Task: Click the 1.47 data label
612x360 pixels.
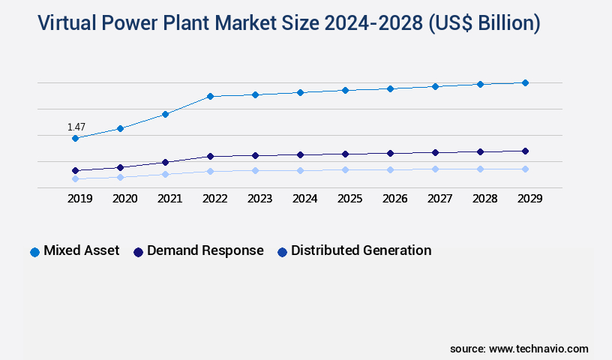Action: [76, 127]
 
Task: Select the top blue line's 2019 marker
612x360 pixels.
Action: [75, 138]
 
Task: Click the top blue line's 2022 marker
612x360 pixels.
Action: [210, 96]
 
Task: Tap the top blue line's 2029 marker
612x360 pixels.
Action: [525, 82]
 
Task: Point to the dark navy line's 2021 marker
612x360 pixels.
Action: [165, 162]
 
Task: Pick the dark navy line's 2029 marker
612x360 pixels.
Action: [525, 151]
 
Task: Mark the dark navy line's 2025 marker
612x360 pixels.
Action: [345, 154]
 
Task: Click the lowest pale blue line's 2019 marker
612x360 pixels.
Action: [75, 178]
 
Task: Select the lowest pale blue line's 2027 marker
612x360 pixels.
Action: [435, 169]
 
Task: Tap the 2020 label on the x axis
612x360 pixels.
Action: [124, 199]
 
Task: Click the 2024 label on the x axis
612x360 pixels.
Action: [304, 199]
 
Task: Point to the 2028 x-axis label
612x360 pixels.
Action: [484, 199]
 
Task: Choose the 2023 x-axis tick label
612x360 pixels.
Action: [259, 199]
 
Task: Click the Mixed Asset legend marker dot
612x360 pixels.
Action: [34, 252]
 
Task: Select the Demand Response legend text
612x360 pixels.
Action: [205, 250]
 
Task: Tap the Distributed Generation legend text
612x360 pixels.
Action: [361, 250]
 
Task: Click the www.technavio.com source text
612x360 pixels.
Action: [538, 349]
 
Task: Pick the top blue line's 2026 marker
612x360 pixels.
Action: [390, 88]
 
